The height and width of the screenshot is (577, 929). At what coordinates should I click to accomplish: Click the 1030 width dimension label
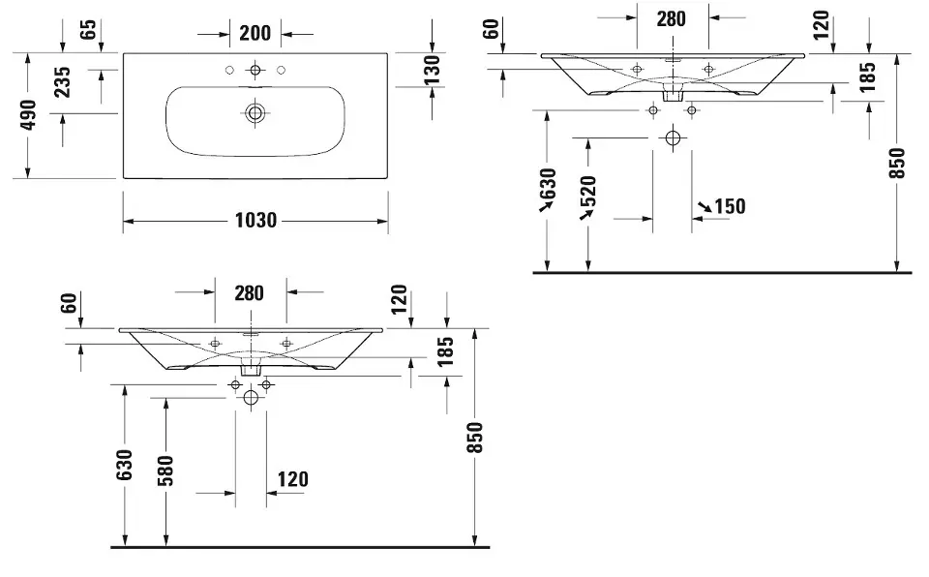pos(255,221)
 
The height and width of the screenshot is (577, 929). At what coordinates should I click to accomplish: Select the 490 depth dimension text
pos(28,115)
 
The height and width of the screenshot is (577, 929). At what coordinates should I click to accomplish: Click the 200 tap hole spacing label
pos(255,33)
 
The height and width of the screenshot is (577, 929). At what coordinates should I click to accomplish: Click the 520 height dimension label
pos(588,195)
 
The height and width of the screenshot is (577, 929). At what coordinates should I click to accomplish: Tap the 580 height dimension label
pos(165,472)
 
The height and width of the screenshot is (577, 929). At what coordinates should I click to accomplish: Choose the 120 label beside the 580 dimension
pos(292,479)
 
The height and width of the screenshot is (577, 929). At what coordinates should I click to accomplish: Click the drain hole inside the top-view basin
pos(255,112)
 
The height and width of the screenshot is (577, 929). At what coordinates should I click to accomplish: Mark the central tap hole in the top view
pos(255,70)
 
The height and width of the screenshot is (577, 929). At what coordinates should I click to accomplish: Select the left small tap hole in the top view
pos(230,70)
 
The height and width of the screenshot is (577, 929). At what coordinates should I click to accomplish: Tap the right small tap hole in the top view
pos(281,70)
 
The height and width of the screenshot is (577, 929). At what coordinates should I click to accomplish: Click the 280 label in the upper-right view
pos(671,17)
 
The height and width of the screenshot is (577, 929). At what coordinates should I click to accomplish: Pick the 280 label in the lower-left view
pos(249,292)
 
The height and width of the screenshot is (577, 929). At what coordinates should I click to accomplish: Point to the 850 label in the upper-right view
pos(896,163)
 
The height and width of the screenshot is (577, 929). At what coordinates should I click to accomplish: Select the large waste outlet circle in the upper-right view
pos(673,138)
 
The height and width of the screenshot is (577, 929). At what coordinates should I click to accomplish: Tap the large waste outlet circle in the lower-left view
pos(251,397)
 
